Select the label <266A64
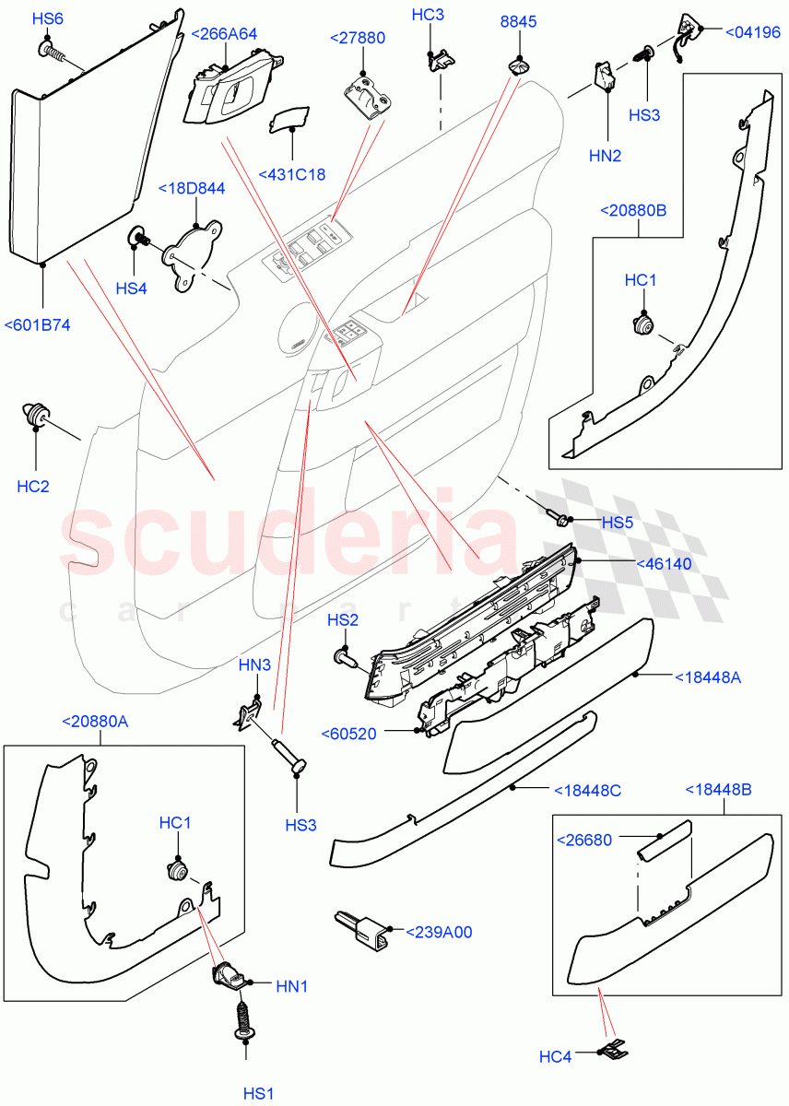click(x=223, y=34)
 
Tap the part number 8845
click(x=519, y=21)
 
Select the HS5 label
click(x=618, y=523)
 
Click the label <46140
click(x=663, y=563)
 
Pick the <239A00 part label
click(x=439, y=932)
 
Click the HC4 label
click(x=555, y=1057)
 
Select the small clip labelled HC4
click(x=613, y=1048)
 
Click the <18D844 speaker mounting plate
click(x=194, y=255)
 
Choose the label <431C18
click(x=292, y=174)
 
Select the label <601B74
click(x=38, y=325)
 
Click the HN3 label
click(x=254, y=664)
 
